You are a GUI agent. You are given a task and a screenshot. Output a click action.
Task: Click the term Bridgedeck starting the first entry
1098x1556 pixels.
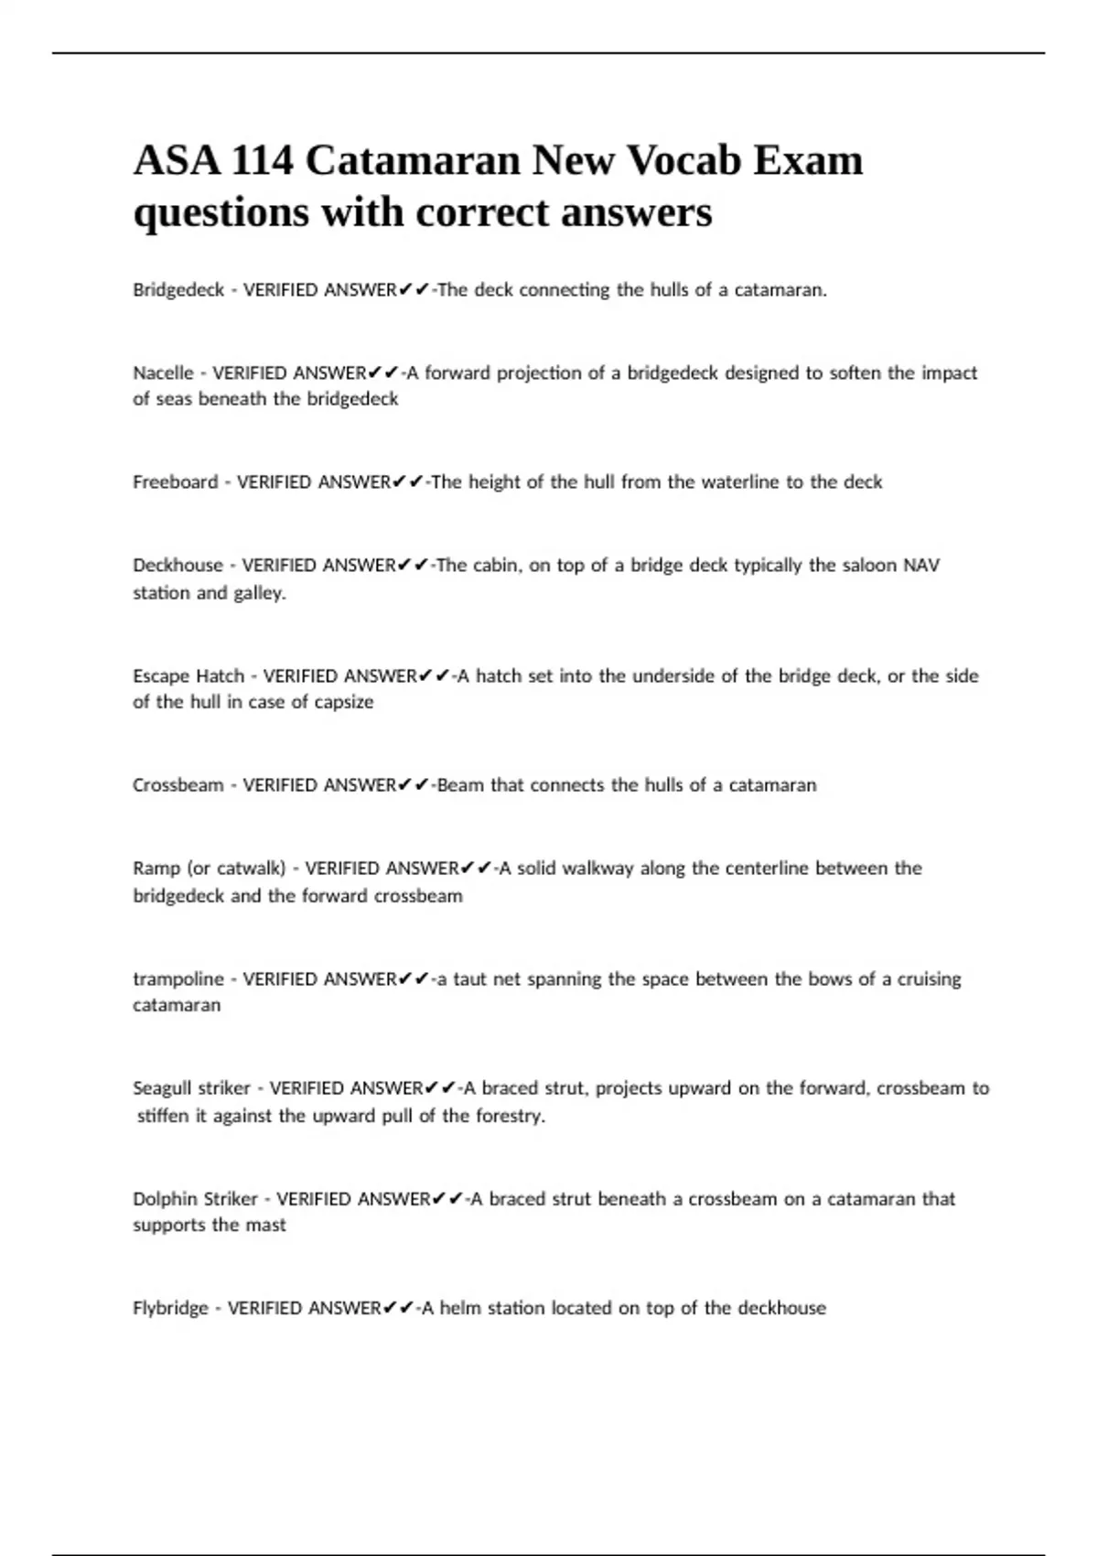[178, 290]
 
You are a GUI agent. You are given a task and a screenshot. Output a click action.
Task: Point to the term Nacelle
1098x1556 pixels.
[163, 373]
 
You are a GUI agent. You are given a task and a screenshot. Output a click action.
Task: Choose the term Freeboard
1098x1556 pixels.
[176, 482]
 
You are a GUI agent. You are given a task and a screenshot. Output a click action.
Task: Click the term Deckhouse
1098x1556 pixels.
[178, 566]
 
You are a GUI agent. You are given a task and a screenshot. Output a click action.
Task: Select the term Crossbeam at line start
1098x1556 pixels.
[178, 785]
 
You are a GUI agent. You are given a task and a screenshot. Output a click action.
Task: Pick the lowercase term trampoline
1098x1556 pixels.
[178, 979]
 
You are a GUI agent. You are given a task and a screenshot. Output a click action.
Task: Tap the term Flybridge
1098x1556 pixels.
[170, 1309]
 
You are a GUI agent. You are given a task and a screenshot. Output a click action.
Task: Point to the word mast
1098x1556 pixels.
[265, 1226]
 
